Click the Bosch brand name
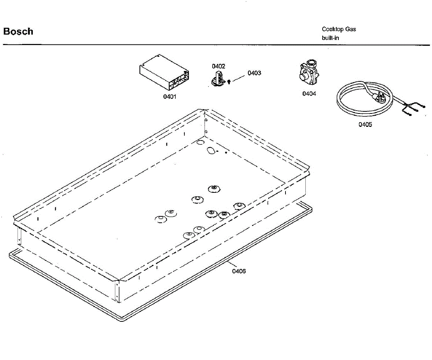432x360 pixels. point(18,31)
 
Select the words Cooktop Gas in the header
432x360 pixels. point(339,29)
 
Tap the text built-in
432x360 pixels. point(330,38)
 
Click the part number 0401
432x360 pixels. point(170,97)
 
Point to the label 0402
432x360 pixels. point(218,66)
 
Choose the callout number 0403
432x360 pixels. point(254,73)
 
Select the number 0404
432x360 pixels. point(309,94)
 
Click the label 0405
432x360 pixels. point(365,124)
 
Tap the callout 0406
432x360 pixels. point(239,271)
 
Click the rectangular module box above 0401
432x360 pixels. point(164,72)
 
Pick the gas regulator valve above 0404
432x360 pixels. point(309,72)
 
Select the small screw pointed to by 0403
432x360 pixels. point(229,82)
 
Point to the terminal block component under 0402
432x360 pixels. point(218,79)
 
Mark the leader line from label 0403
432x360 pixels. point(239,78)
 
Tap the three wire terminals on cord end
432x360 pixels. point(413,109)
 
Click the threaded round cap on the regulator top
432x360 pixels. point(312,63)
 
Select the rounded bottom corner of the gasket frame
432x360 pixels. point(122,320)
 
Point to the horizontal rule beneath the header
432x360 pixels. point(216,45)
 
